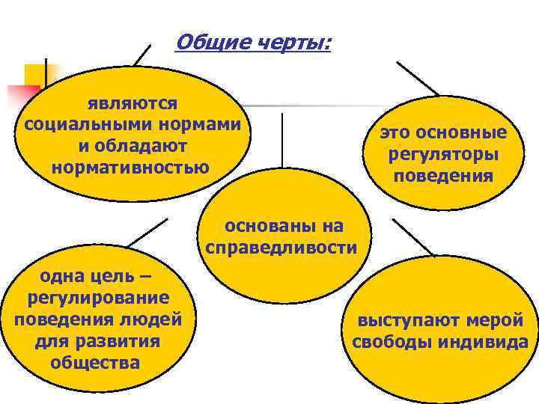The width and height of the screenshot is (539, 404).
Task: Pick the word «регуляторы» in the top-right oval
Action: (x=443, y=156)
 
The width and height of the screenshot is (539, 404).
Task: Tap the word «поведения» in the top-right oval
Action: (x=443, y=177)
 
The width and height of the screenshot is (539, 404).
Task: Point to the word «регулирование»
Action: (x=97, y=299)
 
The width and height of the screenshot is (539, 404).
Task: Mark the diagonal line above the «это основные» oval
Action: (x=418, y=79)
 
